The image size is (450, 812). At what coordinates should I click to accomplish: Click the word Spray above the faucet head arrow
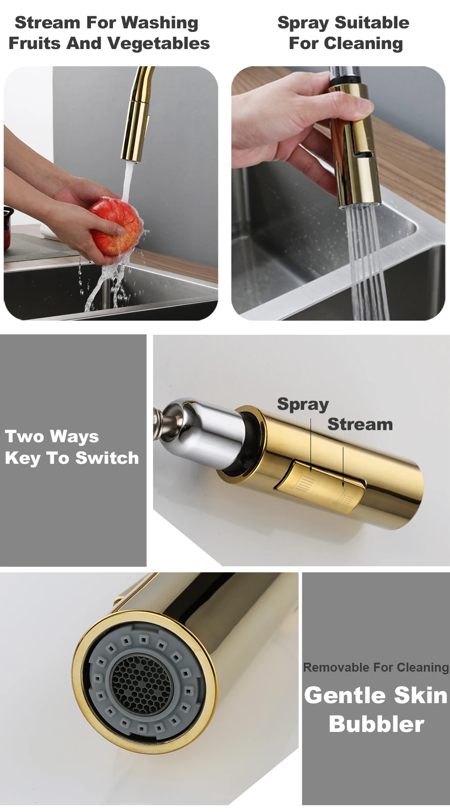tap(303, 404)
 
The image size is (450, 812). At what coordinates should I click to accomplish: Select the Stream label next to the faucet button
tap(360, 424)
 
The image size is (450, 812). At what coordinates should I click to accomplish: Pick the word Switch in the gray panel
tap(107, 458)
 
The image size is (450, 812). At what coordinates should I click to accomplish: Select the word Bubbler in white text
tap(377, 724)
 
